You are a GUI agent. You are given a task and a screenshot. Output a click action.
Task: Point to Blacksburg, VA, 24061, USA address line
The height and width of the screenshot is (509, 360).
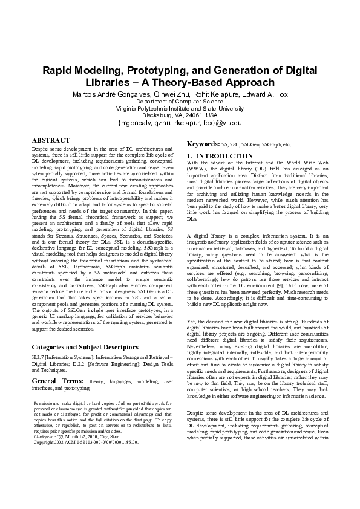pyautogui.click(x=180, y=115)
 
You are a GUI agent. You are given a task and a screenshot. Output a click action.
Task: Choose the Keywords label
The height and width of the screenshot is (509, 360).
pyautogui.click(x=203, y=144)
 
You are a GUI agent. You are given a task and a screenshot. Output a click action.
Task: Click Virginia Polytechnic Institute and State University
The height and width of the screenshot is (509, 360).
pyautogui.click(x=180, y=108)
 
